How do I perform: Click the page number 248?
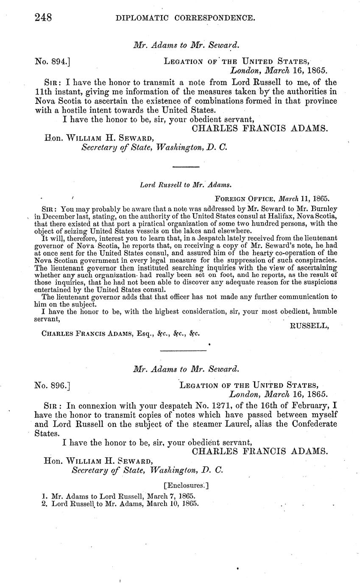43,17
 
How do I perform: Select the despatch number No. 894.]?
52,61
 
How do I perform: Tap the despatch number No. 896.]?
52,386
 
